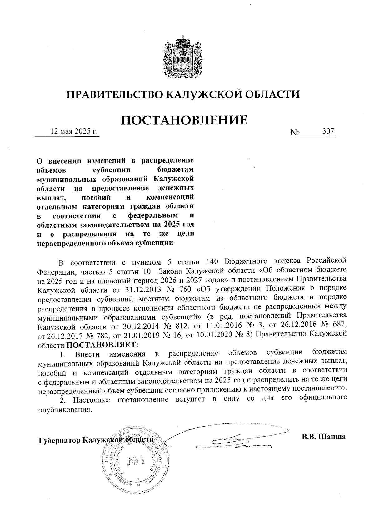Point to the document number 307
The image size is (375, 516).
tap(328, 132)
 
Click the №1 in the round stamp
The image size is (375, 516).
tap(136, 460)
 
